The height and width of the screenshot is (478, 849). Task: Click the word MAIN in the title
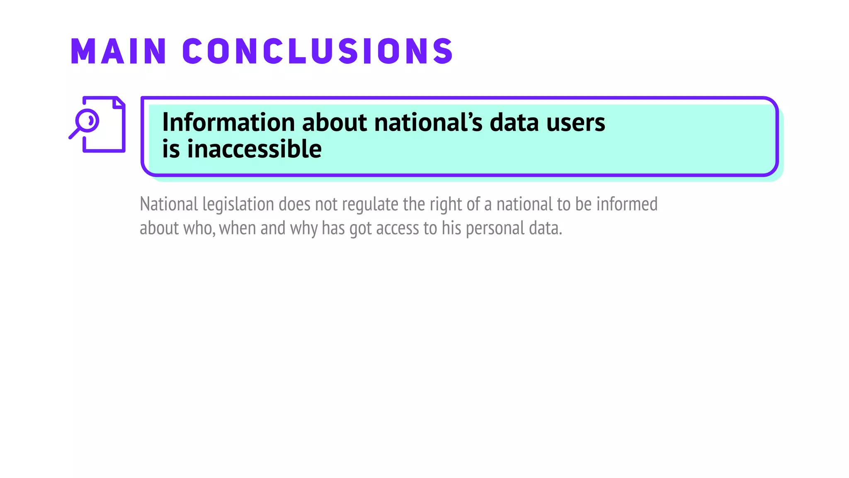119,51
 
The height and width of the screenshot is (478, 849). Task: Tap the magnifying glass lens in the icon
87,120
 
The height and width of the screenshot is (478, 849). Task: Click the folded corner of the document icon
119,102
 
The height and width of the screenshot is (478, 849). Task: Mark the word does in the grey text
294,204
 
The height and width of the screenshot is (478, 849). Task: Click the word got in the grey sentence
360,228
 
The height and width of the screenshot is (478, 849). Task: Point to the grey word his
451,228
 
